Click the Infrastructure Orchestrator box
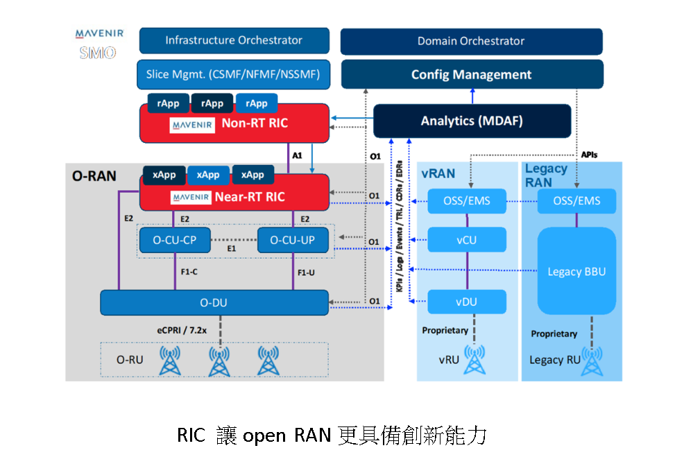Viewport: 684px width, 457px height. (234, 41)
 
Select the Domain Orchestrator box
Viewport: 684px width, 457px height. (471, 41)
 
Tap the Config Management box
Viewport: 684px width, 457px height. (471, 75)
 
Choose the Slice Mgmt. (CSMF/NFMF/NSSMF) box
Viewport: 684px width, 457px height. (234, 74)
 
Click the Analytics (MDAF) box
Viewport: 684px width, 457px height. (472, 121)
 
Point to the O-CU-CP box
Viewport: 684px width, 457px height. (169, 241)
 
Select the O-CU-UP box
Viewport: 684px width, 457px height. (292, 241)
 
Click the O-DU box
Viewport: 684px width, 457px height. (214, 302)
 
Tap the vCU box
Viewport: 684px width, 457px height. (466, 240)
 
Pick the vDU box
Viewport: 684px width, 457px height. (466, 302)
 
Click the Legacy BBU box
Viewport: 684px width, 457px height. (576, 271)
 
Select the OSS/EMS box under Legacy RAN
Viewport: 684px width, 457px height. (576, 202)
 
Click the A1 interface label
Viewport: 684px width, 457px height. (297, 156)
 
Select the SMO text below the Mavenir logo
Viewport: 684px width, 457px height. (98, 53)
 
